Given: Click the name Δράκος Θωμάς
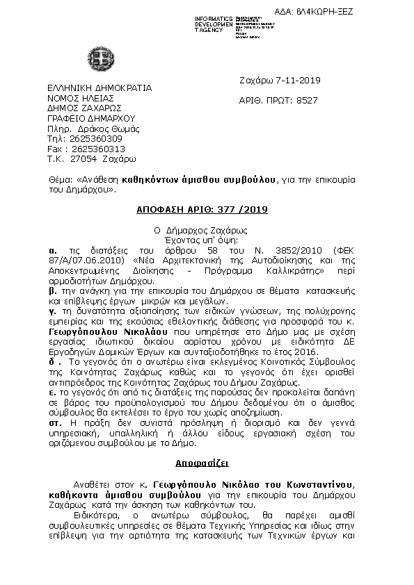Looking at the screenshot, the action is point(114,129).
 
